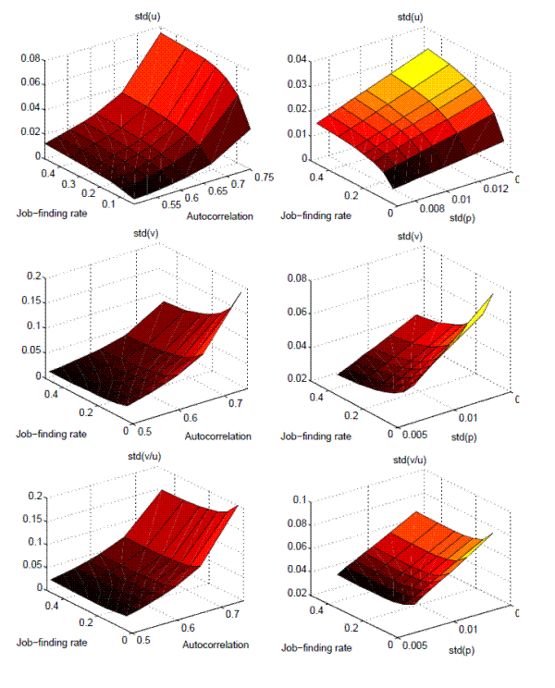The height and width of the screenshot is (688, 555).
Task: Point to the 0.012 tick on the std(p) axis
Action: click(496, 188)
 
